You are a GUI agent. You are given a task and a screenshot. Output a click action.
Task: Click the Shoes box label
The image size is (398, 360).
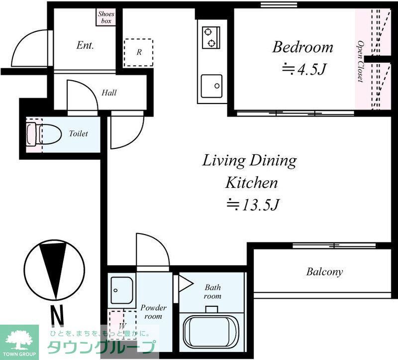click(x=106, y=17)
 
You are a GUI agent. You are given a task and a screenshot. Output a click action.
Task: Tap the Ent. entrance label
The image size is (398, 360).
click(x=85, y=45)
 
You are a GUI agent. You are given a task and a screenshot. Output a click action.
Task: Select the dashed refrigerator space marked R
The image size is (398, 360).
click(x=138, y=53)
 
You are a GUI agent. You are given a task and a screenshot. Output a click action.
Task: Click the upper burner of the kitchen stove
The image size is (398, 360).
click(x=208, y=32)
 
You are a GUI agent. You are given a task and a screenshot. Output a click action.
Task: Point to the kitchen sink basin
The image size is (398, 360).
click(x=211, y=86)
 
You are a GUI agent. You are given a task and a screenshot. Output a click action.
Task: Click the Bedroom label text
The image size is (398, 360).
click(x=302, y=47)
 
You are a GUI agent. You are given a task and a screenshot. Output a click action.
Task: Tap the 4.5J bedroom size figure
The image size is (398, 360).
click(x=304, y=69)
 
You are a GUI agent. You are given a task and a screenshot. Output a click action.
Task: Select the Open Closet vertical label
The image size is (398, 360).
click(x=360, y=61)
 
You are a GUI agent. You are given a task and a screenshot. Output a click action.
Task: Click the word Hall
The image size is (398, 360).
click(x=109, y=93)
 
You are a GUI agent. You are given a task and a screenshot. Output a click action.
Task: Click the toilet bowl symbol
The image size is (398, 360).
click(x=44, y=134)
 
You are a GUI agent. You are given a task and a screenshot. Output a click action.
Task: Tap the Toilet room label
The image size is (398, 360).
click(x=79, y=133)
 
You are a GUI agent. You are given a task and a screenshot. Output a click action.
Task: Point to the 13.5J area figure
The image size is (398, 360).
click(x=253, y=205)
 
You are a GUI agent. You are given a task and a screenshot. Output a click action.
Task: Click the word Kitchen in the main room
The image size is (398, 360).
click(x=251, y=182)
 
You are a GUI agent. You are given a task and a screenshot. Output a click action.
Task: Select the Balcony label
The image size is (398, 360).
click(x=324, y=272)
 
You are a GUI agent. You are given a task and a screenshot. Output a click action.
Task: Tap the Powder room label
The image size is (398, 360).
click(x=153, y=312)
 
